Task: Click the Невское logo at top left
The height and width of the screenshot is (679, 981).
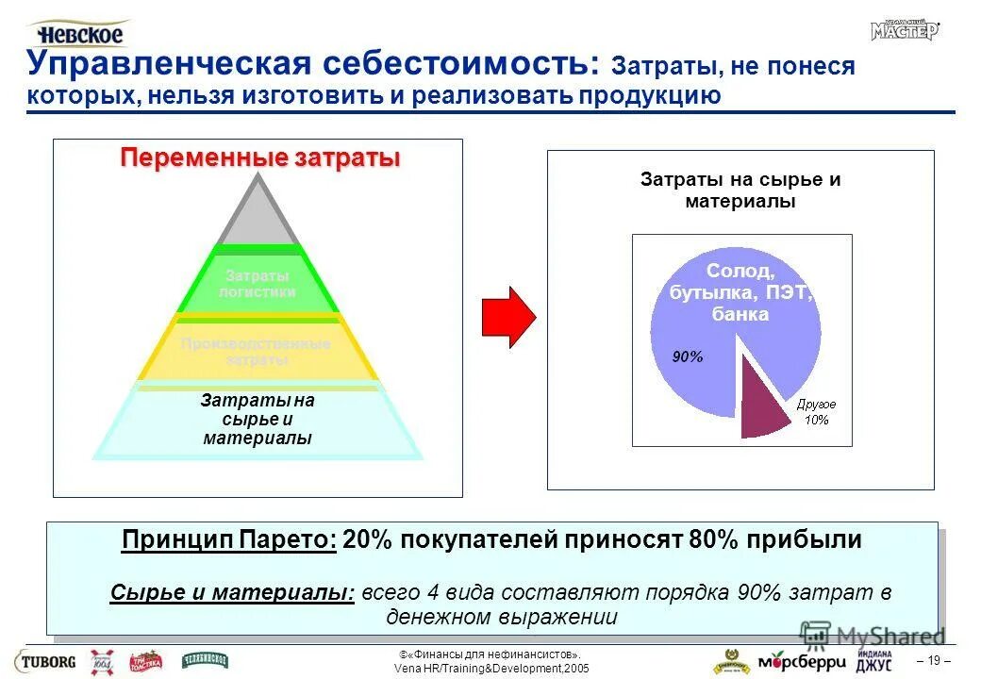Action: [x=79, y=34]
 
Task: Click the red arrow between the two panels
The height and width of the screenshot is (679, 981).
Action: [x=507, y=317]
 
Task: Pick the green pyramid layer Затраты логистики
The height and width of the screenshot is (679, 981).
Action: [x=257, y=284]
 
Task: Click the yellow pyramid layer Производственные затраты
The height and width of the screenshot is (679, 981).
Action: [x=257, y=352]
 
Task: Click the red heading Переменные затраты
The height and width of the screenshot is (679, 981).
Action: [x=259, y=157]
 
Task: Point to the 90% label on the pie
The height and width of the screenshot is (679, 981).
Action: [x=687, y=357]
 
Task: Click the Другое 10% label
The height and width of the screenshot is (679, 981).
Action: [x=816, y=412]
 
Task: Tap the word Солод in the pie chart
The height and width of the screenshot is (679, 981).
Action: [x=740, y=272]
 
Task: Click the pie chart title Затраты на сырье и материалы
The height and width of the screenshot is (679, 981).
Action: [x=740, y=190]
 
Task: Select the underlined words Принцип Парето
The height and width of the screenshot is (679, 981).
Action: [x=229, y=540]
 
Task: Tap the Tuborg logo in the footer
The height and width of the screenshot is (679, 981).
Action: [x=44, y=660]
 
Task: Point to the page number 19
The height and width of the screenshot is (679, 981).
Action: [x=934, y=660]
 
